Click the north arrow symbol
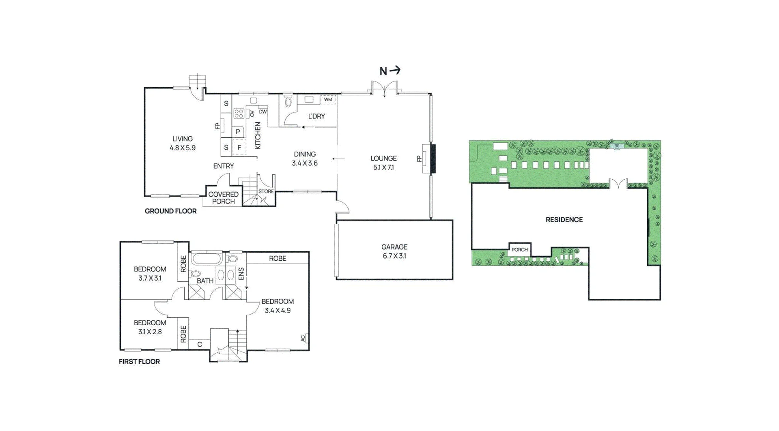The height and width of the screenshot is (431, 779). tap(390, 71)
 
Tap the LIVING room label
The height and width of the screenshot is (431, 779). tap(183, 139)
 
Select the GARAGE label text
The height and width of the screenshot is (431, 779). tap(394, 247)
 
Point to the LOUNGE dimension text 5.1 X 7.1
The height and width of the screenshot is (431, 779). tap(383, 167)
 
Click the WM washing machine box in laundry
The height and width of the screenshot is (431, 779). tap(328, 99)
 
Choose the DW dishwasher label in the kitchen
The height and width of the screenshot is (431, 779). tap(263, 112)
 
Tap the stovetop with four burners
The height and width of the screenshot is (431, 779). tap(239, 113)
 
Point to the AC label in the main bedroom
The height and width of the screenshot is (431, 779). tap(303, 338)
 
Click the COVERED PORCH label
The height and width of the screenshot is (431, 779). tap(224, 198)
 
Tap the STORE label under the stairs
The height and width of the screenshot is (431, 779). tap(266, 191)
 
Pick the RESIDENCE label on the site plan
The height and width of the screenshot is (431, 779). tap(564, 220)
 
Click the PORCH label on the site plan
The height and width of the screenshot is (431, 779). tap(520, 250)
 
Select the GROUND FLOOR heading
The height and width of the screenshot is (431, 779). tap(170, 211)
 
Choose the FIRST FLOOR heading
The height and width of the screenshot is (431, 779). tap(139, 362)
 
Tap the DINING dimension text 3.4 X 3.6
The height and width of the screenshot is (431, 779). tap(305, 163)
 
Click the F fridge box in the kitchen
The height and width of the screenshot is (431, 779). tap(239, 148)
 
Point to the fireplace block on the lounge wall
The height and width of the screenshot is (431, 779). tap(433, 159)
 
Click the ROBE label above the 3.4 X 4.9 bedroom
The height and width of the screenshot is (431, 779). tap(278, 258)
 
